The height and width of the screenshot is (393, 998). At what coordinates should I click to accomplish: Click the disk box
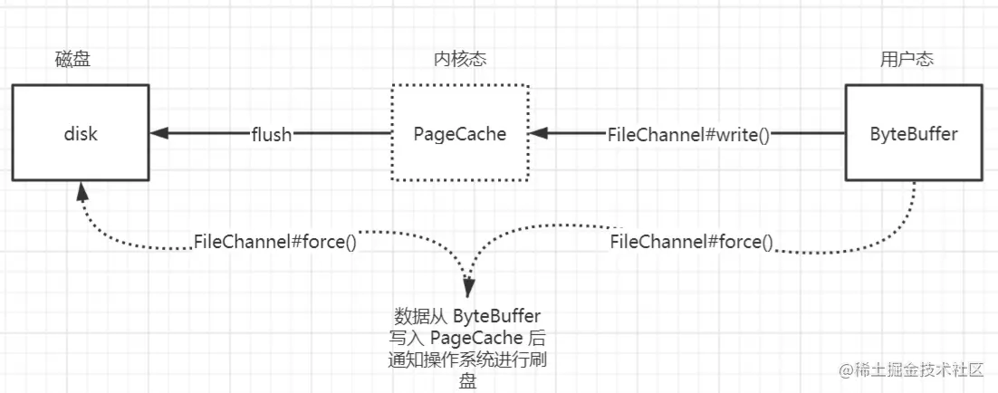tap(81, 133)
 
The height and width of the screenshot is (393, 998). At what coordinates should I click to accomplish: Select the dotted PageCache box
tap(459, 133)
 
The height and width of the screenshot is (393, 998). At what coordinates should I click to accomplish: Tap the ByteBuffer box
tap(914, 133)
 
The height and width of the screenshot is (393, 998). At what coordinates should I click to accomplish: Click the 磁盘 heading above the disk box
tap(72, 60)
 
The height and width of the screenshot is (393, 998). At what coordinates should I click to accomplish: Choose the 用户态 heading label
tap(907, 60)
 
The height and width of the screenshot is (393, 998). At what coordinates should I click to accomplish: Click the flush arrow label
tap(272, 135)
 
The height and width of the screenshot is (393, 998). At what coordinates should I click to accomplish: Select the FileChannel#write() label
tap(688, 135)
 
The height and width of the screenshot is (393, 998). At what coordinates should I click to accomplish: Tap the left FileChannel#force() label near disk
tap(274, 242)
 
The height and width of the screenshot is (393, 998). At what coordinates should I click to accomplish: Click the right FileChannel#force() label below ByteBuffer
tap(692, 242)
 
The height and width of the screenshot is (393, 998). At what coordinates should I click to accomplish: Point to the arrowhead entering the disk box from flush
tap(159, 134)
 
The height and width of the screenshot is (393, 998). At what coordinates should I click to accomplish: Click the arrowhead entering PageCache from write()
tap(538, 134)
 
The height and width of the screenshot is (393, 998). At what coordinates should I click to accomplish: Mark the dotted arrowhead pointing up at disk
tap(82, 191)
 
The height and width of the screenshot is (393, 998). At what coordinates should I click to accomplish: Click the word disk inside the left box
tap(81, 134)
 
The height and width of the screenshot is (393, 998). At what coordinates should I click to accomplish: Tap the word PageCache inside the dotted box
tap(459, 134)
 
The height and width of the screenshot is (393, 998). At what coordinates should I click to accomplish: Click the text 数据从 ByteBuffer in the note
tap(467, 316)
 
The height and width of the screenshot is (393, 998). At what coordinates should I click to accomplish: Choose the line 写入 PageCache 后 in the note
tap(467, 338)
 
